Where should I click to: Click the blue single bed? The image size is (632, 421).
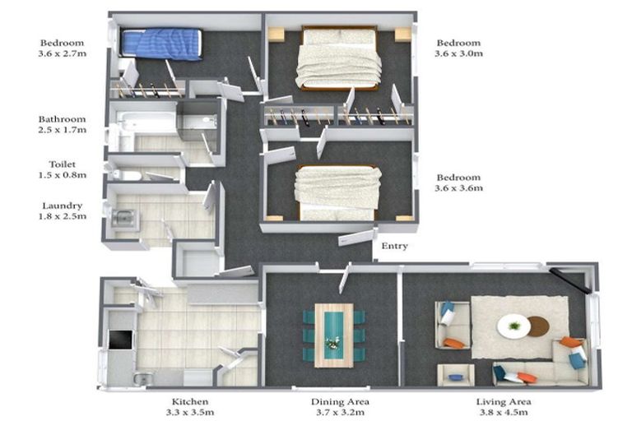click(160, 44)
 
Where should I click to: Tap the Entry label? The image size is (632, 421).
click(395, 246)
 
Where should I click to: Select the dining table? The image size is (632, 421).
click(334, 335)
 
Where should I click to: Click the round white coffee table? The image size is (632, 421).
click(513, 326)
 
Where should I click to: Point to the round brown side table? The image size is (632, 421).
click(539, 326)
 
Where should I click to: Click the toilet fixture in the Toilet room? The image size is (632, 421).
click(124, 175)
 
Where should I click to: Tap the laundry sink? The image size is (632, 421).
click(123, 218)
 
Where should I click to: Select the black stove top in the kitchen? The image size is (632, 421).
click(120, 340)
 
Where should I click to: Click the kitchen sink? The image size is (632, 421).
click(142, 378)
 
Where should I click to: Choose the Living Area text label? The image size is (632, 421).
click(504, 401)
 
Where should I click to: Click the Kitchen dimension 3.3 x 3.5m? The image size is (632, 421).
click(190, 412)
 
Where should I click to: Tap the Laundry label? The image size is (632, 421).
click(63, 206)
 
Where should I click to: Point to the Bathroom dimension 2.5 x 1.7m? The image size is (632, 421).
click(63, 130)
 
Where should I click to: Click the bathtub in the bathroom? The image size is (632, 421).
click(146, 121)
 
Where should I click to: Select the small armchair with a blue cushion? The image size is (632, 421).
click(456, 375)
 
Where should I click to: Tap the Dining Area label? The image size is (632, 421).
click(340, 401)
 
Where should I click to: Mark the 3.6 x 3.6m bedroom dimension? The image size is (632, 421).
click(458, 187)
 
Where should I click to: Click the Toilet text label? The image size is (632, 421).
click(63, 164)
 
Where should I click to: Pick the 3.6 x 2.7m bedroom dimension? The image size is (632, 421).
click(63, 53)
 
